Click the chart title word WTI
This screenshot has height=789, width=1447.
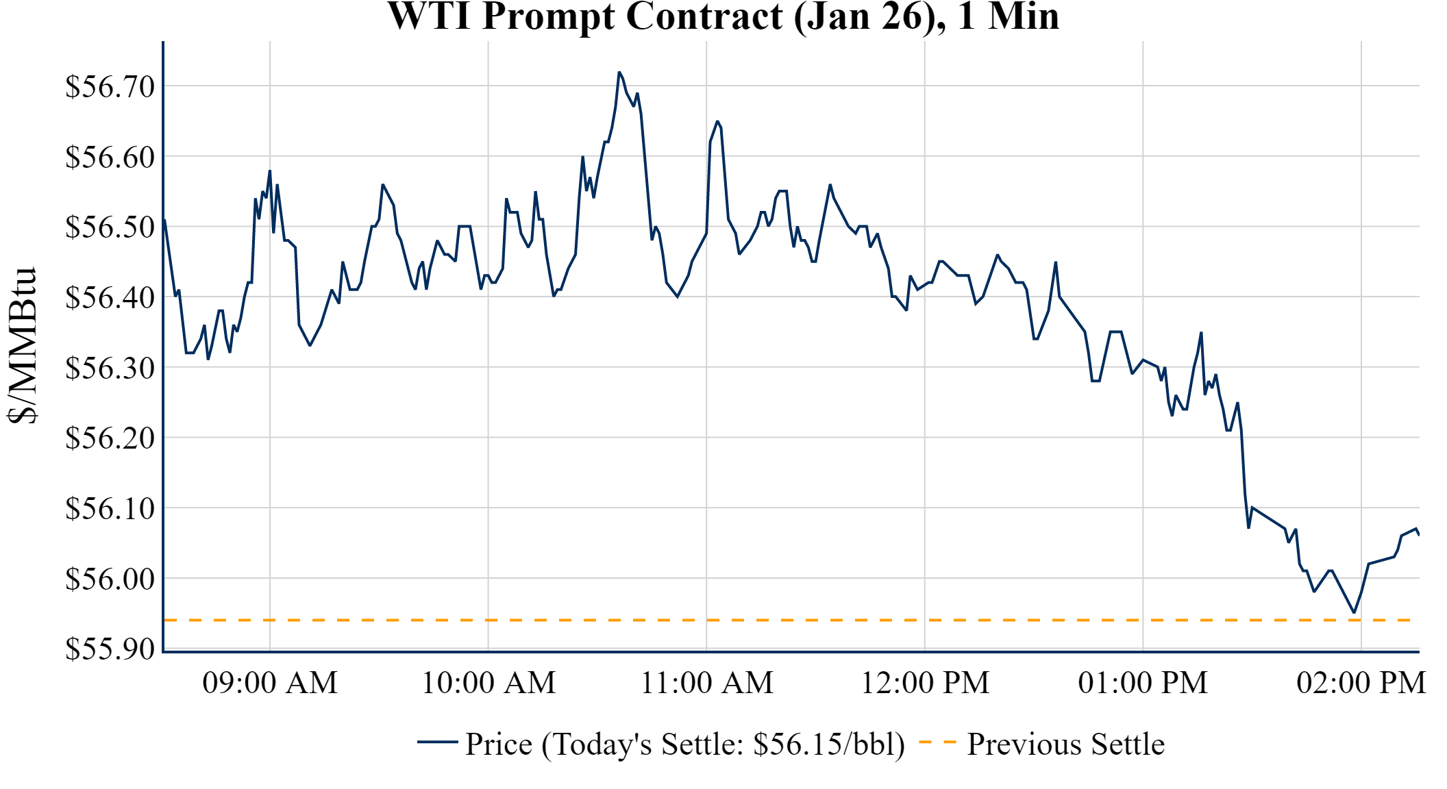coord(430,16)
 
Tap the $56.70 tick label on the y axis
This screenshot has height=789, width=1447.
coord(110,87)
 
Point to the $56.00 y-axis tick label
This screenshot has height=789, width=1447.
coord(110,579)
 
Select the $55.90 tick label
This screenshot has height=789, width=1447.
coord(110,649)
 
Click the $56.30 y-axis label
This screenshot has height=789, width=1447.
coord(110,368)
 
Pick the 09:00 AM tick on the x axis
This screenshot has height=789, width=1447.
coord(270,683)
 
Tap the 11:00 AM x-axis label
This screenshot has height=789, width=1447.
coord(706,683)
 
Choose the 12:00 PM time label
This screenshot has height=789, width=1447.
coord(925,683)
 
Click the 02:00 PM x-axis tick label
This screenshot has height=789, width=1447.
coord(1361,683)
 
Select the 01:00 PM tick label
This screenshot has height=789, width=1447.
coord(1143,683)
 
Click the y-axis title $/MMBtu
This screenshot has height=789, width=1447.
coord(23,346)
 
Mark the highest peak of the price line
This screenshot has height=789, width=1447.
coord(619,72)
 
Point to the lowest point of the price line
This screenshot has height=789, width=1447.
coord(1354,612)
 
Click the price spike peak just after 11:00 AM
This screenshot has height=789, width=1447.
coord(717,122)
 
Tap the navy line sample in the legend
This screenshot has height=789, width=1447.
coord(437,742)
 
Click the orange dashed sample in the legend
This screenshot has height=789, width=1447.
coord(937,742)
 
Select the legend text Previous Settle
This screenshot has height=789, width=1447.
coord(1065,744)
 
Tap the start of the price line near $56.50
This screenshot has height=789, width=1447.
coord(164,221)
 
